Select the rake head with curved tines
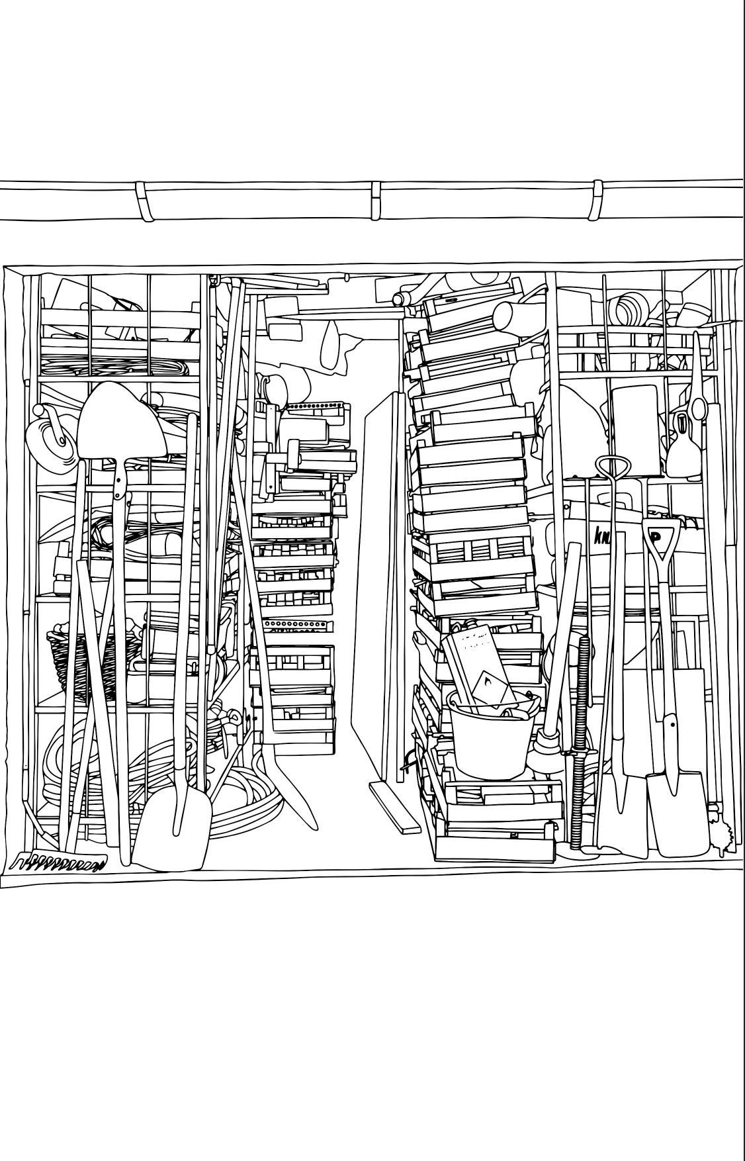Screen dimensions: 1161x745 (60, 862)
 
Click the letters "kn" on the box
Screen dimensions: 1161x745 (601, 534)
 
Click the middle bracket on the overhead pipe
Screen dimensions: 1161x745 (376, 199)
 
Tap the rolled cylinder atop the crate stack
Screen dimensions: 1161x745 (517, 316)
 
